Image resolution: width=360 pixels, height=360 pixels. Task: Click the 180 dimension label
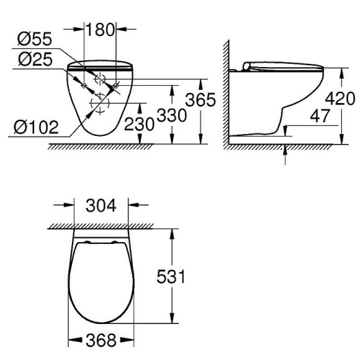pyautogui.click(x=99, y=29)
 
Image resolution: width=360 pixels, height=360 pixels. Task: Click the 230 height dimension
pyautogui.click(x=138, y=124)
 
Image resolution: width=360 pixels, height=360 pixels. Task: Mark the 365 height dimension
pyautogui.click(x=200, y=99)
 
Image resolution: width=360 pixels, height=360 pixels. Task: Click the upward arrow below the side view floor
pyautogui.click(x=286, y=153)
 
